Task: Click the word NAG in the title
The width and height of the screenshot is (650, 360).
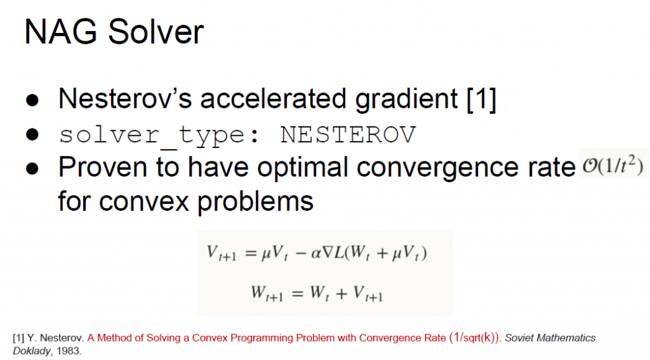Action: coord(60,32)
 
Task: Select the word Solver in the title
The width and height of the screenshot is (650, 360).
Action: coord(156,32)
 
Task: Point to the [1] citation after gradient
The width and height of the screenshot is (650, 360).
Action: coord(481,100)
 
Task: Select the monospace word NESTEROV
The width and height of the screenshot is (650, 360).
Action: coord(348,135)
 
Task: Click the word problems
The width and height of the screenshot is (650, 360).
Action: coord(255,202)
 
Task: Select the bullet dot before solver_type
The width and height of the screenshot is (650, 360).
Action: coord(32,135)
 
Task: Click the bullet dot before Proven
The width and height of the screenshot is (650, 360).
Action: coord(32,168)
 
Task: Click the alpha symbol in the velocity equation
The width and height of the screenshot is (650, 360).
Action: coord(316,253)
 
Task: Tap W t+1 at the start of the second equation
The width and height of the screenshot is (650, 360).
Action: coord(267,293)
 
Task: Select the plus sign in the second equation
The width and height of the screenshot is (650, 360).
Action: coord(341,293)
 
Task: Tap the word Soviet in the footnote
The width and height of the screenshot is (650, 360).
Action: coord(519,338)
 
